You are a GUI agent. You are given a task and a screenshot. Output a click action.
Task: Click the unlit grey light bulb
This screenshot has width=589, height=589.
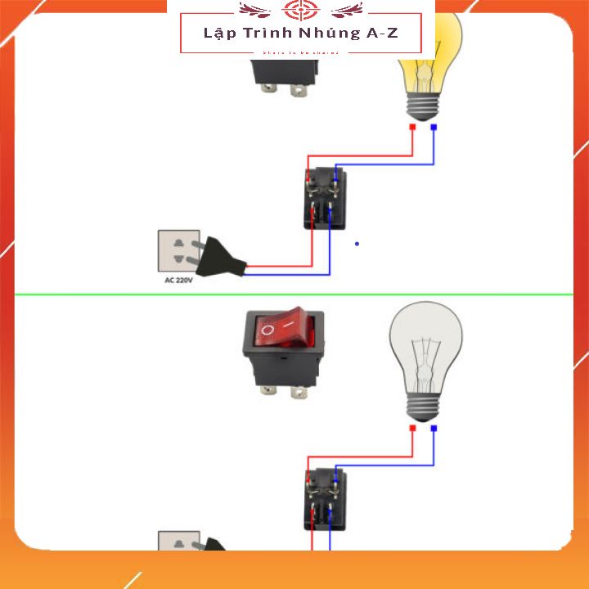click(x=425, y=344)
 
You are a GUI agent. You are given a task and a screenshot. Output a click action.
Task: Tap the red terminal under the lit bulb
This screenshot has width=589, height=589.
click(x=413, y=128)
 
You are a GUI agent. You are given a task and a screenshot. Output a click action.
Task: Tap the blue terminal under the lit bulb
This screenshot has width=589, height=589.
click(x=434, y=128)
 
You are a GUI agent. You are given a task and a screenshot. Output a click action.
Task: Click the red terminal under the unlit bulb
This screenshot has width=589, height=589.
click(x=413, y=428)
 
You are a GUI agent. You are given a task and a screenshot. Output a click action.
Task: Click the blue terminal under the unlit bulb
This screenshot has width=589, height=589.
click(x=434, y=428)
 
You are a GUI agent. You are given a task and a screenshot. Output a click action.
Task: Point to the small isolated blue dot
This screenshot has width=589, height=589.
click(x=357, y=243)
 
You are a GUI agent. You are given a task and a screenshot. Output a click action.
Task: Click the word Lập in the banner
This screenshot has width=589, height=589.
click(x=216, y=34)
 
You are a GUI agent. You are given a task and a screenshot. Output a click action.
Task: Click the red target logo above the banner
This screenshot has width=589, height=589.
click(x=299, y=11)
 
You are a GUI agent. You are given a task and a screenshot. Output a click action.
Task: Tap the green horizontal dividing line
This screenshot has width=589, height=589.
click(x=294, y=293)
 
